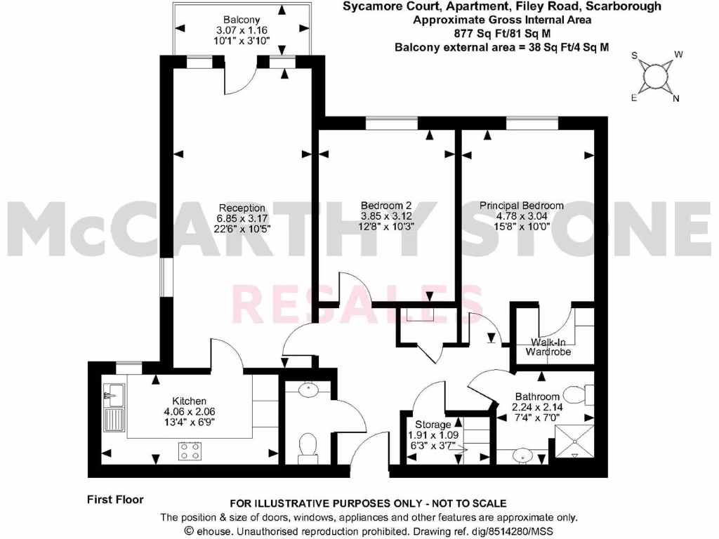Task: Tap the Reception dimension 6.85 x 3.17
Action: tap(242, 218)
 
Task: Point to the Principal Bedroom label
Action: tap(522, 206)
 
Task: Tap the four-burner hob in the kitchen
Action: tap(190, 450)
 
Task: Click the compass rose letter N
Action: tap(677, 98)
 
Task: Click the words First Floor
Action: tap(115, 500)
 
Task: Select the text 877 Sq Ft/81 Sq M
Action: tap(501, 33)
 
